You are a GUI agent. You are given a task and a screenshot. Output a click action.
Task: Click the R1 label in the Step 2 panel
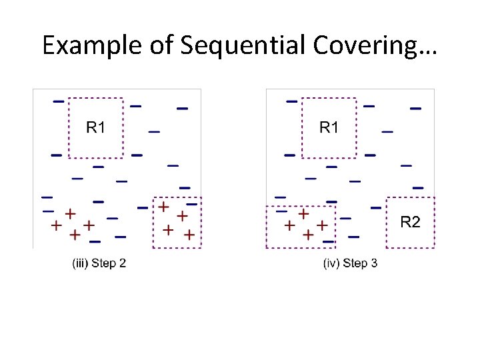[96, 127]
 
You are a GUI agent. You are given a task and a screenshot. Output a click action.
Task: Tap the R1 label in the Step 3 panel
[329, 127]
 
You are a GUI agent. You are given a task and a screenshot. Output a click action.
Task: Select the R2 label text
[410, 222]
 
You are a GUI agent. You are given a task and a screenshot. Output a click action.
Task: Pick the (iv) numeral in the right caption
[331, 263]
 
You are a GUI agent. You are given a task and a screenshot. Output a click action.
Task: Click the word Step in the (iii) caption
[103, 263]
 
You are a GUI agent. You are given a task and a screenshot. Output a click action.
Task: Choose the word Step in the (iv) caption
[355, 263]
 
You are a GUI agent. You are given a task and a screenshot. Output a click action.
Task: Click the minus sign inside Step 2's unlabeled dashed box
[191, 203]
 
